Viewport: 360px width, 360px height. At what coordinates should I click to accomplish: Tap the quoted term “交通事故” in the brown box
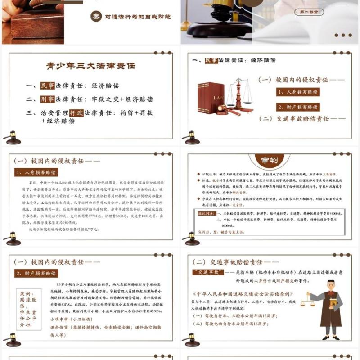click(206, 272)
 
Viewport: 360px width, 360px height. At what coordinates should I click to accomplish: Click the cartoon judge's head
click(330, 286)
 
